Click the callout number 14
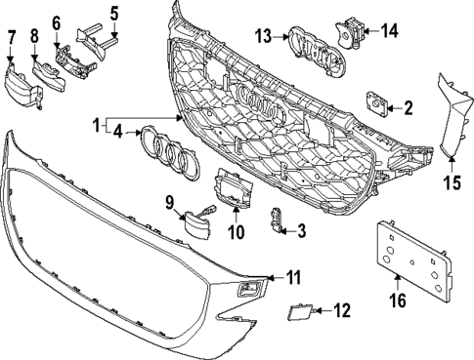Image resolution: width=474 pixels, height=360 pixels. click(390, 31)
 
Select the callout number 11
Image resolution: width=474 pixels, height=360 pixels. click(294, 278)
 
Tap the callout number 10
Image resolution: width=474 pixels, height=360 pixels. click(236, 233)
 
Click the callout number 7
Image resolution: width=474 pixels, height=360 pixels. click(12, 39)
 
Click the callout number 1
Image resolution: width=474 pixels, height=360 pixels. click(96, 126)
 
